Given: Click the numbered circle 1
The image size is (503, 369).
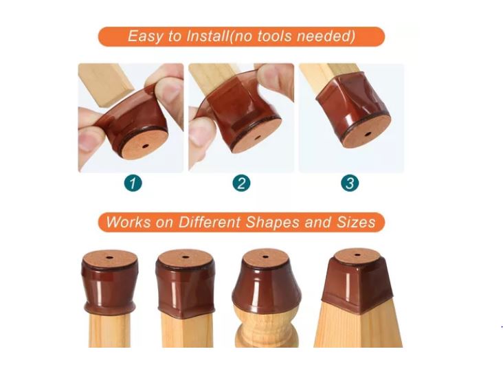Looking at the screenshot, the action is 133,183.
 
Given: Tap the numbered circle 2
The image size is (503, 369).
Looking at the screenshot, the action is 241,183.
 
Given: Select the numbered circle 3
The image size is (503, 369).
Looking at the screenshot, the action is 350,183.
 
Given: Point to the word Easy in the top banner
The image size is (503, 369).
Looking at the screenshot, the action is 145,36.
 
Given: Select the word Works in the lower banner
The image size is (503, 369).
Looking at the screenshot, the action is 128,222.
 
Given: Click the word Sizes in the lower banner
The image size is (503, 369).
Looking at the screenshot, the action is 356,222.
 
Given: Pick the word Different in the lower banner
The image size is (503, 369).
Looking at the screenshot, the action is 209,222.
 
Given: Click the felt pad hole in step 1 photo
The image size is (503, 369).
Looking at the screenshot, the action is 145,146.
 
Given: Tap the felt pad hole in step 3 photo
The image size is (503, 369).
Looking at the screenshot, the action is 368,134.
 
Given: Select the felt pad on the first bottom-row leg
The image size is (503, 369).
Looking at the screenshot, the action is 110,258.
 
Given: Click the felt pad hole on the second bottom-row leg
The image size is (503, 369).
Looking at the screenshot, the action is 185,257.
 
